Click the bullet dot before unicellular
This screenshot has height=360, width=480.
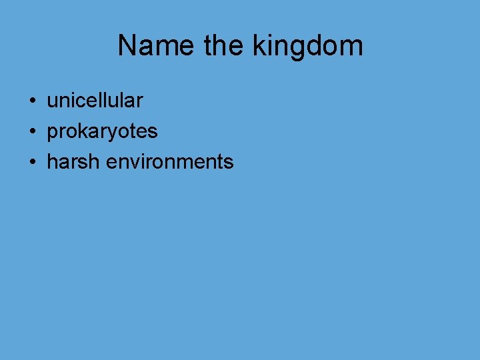[x=32, y=101]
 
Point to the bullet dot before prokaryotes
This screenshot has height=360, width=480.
[x=32, y=132]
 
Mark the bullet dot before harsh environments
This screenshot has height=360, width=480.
[x=32, y=162]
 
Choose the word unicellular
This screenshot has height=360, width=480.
[x=95, y=101]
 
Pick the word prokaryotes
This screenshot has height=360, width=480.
[x=102, y=132]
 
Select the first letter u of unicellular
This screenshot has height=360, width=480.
[x=52, y=101]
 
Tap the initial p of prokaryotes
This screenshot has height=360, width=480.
[x=52, y=133]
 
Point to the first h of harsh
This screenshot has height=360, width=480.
[x=52, y=161]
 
